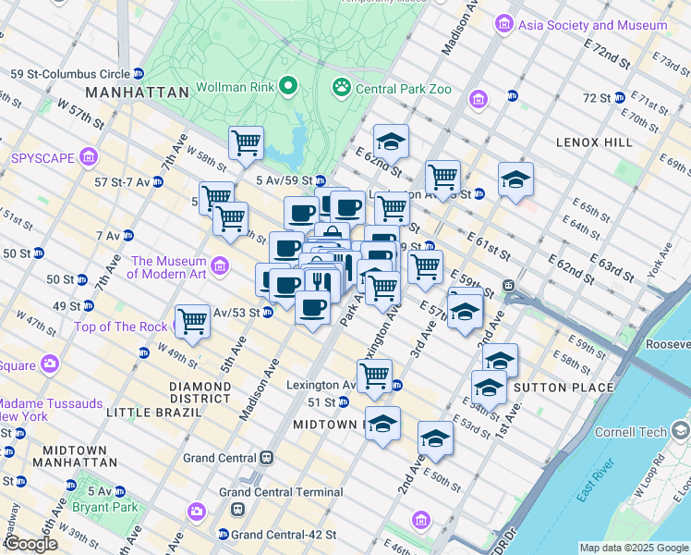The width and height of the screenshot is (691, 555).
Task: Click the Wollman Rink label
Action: click(x=235, y=88)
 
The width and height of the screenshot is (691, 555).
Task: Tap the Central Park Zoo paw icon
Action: click(x=340, y=88)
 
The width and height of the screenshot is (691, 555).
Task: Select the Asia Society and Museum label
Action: click(x=593, y=25)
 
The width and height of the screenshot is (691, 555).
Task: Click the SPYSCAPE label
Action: click(x=42, y=157)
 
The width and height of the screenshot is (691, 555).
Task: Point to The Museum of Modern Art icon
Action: click(x=220, y=266)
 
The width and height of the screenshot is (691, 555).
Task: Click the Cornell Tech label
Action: click(x=631, y=431)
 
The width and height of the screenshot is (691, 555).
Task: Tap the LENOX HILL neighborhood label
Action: click(x=594, y=142)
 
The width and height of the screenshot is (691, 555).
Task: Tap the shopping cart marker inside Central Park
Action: click(x=247, y=142)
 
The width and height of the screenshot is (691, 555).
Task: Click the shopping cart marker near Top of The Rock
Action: click(x=192, y=321)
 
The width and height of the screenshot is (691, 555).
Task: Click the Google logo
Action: click(x=30, y=545)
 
